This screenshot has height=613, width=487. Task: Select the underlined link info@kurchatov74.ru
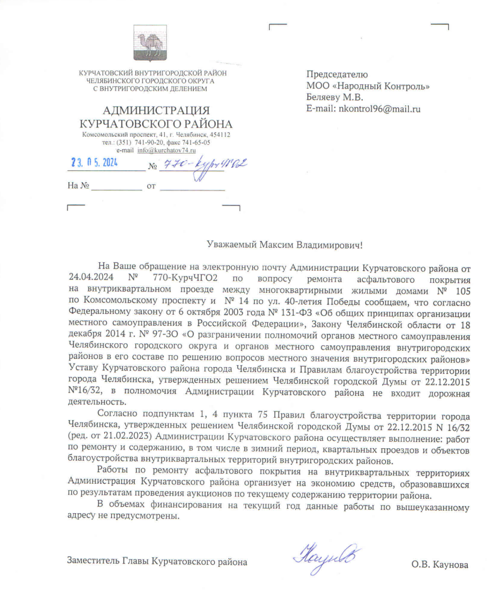click(x=167, y=150)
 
